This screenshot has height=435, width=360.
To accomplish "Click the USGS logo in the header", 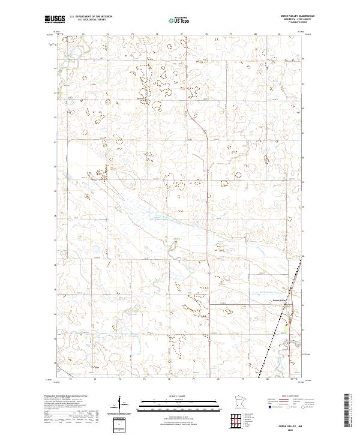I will point(55,19).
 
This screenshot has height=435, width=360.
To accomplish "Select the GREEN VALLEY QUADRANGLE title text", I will point(292,16).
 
